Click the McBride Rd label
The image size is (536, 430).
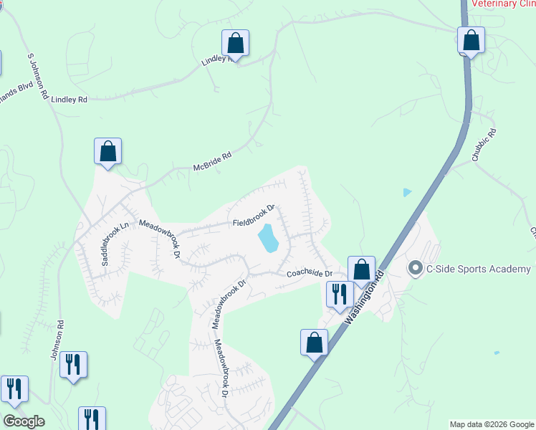[x=213, y=161]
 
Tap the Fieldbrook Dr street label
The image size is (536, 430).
[x=254, y=216]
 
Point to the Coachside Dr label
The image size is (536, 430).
[x=310, y=274]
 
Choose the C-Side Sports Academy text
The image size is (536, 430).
[x=479, y=269]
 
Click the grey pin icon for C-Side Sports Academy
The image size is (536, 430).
[x=414, y=269]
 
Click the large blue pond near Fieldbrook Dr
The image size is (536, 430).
[x=267, y=238]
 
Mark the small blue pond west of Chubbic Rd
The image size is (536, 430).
[x=407, y=192]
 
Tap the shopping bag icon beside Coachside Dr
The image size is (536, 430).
[x=362, y=270]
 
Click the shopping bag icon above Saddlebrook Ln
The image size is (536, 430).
[x=107, y=151]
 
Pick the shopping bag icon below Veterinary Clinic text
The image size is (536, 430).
[x=471, y=40]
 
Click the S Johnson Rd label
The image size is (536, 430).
[x=37, y=75]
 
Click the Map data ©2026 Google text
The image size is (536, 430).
[x=491, y=424]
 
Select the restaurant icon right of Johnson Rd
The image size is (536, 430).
[x=73, y=364]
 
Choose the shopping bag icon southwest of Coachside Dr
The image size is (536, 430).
[x=314, y=343]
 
